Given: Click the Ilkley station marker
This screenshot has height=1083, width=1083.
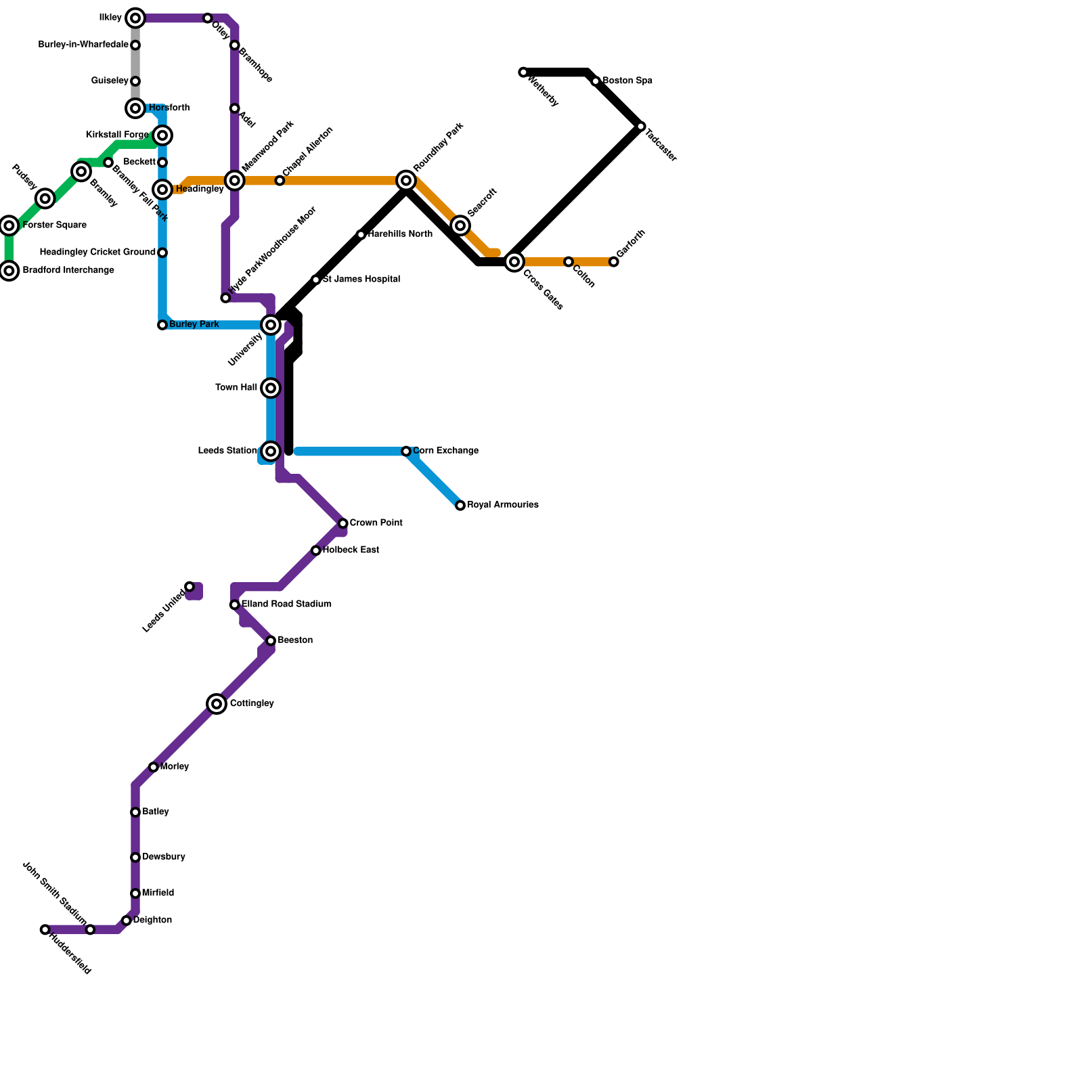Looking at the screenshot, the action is point(135,18).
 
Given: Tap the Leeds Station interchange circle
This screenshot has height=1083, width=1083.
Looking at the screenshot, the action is point(271,451).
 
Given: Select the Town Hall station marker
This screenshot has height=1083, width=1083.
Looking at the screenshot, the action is point(271,388).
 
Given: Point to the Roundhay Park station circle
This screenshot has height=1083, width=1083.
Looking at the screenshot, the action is point(406,181).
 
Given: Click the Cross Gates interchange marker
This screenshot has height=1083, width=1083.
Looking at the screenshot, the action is point(514,262).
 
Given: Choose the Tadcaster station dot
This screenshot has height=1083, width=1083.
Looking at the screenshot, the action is point(641,127).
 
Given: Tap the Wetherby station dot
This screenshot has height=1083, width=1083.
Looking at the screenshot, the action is point(523,72).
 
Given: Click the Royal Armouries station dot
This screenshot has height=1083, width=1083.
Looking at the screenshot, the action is point(460,506).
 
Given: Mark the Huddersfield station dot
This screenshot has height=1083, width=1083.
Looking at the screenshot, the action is point(45,930).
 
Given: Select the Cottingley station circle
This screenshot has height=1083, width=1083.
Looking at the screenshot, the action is point(217,704).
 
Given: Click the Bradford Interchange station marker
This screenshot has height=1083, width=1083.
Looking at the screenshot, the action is point(9,271).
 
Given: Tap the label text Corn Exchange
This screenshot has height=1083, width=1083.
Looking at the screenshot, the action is point(445,451).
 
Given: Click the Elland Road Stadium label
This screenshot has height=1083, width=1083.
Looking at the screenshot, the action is point(286,604).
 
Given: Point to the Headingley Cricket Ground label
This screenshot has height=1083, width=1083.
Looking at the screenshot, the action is point(97,252).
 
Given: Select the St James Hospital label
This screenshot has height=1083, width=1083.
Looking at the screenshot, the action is point(361,279).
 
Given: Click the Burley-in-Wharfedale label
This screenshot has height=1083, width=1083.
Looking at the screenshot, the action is point(83,45).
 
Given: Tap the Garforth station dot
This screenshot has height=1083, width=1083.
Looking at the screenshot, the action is point(614,262).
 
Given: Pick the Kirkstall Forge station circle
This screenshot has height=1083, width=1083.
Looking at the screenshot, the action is point(162,135).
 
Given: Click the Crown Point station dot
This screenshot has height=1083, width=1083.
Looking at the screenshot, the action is point(343,523).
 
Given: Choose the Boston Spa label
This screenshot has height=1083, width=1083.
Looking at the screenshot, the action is point(627,81).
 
